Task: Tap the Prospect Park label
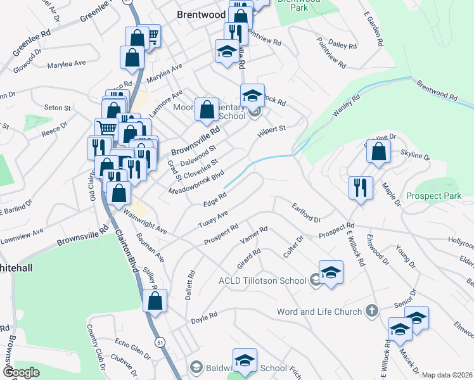(x=434, y=196)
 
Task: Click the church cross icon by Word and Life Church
(x=372, y=312)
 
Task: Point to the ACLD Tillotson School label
(x=263, y=281)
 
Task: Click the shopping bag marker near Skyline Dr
(x=378, y=153)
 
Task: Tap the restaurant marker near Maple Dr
(x=360, y=187)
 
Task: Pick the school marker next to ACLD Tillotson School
(x=331, y=273)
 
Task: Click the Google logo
(x=21, y=372)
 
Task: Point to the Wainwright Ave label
(x=144, y=222)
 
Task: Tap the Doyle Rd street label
(x=205, y=315)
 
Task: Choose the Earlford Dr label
(x=306, y=212)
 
